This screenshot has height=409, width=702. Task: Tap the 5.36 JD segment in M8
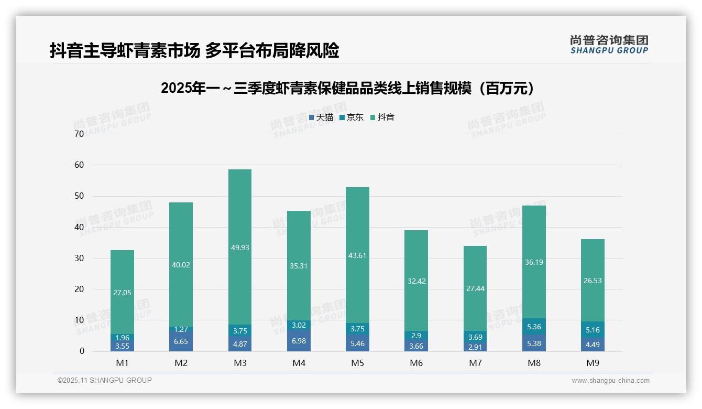(534, 326)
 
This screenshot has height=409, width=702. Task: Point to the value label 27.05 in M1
(122, 293)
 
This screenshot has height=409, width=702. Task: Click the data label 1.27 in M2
(181, 329)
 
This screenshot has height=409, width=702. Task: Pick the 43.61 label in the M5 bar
(358, 255)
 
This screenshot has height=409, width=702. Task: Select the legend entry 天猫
(321, 117)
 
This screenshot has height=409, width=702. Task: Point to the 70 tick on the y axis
(79, 134)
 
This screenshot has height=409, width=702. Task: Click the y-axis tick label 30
(79, 258)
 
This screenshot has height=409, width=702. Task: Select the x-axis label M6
(416, 363)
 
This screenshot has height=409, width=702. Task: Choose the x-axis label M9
(593, 363)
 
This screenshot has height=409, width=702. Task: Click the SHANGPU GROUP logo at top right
(609, 45)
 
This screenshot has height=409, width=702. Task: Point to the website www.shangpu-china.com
(610, 381)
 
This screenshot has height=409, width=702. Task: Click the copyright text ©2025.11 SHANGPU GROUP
(105, 380)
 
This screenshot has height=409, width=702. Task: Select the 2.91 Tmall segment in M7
(475, 347)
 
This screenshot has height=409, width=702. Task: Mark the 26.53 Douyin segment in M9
(593, 281)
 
